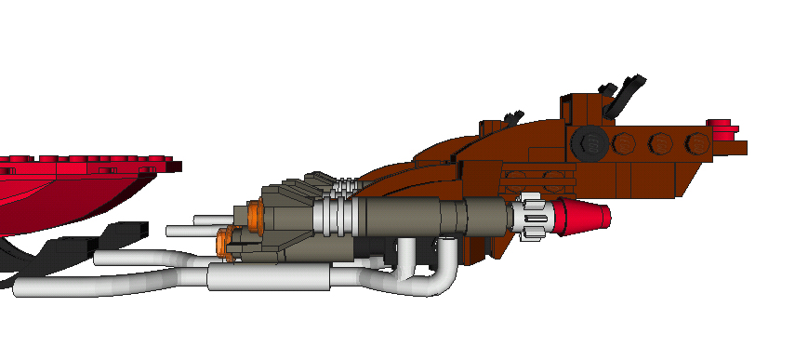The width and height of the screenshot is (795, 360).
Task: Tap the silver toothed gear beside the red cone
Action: tap(534, 215)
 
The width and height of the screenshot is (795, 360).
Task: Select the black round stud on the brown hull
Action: tap(588, 143)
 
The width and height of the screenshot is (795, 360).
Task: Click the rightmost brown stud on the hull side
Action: tap(696, 144)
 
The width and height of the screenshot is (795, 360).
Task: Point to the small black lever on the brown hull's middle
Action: tap(510, 117)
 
